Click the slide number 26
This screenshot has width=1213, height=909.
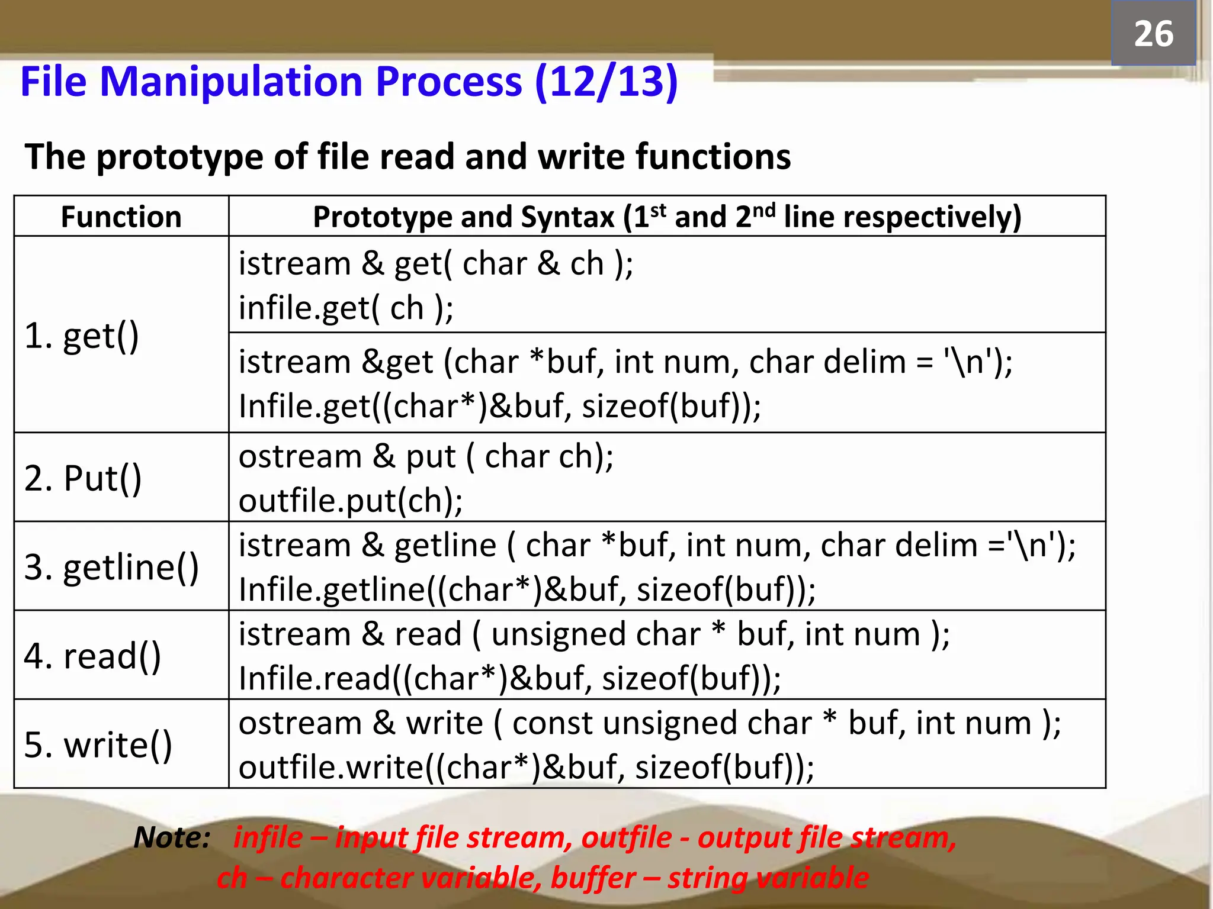1153,34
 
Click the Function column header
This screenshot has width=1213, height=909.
121,217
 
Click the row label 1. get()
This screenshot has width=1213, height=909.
82,336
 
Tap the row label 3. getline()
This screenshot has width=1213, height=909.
111,567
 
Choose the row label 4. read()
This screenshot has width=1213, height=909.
92,656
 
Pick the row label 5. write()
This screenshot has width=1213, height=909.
98,744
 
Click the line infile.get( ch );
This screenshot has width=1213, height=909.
346,308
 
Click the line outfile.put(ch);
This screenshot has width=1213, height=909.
351,501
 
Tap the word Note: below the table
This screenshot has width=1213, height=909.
172,837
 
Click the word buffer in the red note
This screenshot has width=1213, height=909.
593,878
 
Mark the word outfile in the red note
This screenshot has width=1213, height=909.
627,837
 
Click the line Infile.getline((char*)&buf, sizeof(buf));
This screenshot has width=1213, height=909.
527,589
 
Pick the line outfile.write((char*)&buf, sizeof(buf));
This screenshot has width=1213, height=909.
526,767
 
